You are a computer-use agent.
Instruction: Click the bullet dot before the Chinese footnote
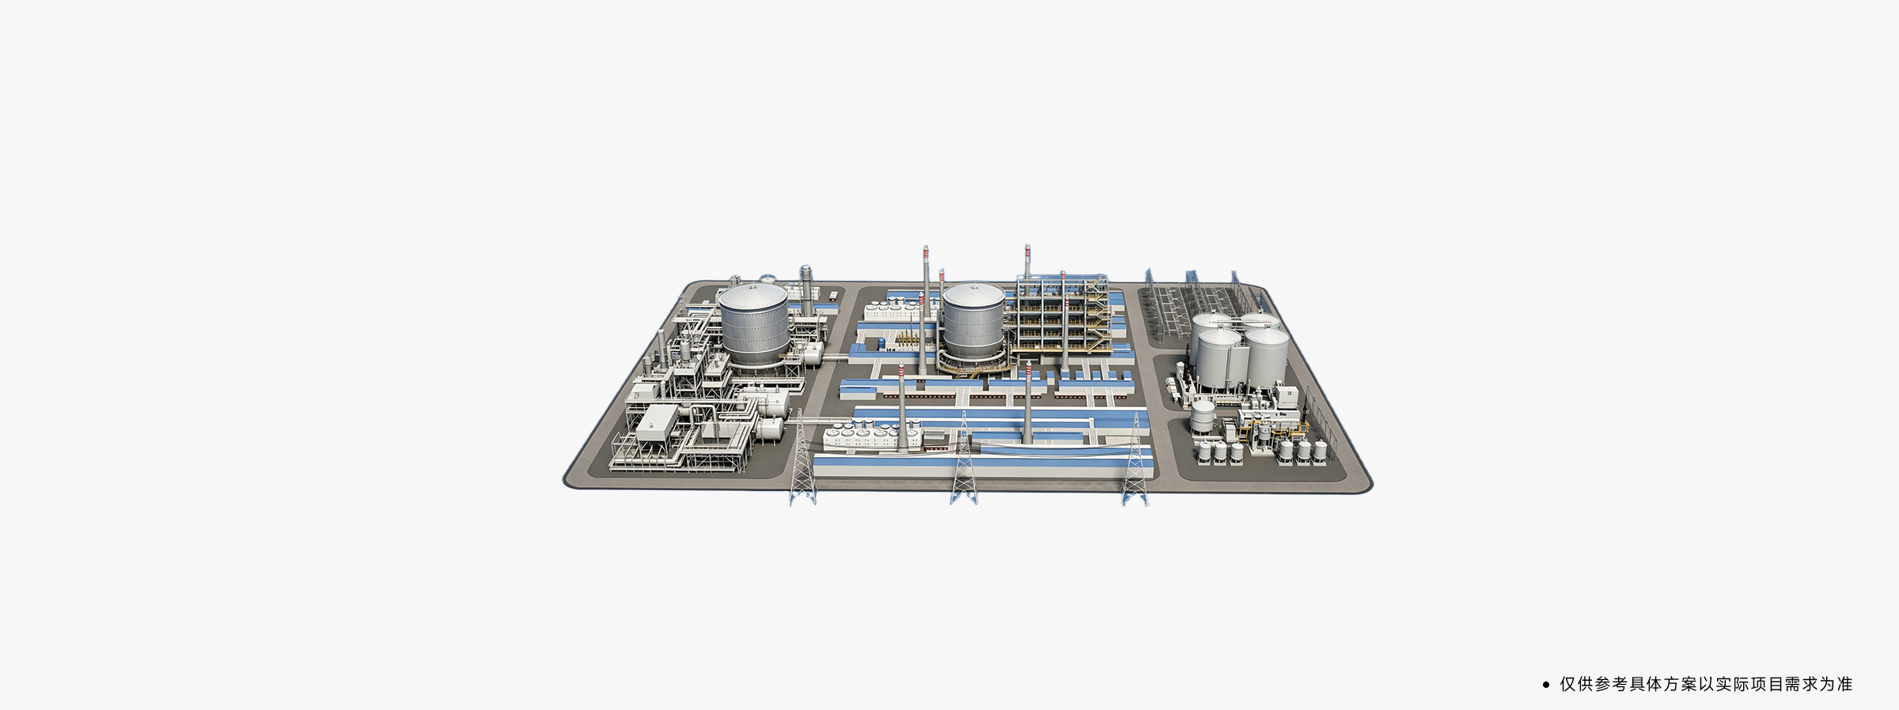pyautogui.click(x=1546, y=685)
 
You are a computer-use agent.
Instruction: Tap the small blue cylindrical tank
pyautogui.click(x=881, y=343)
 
